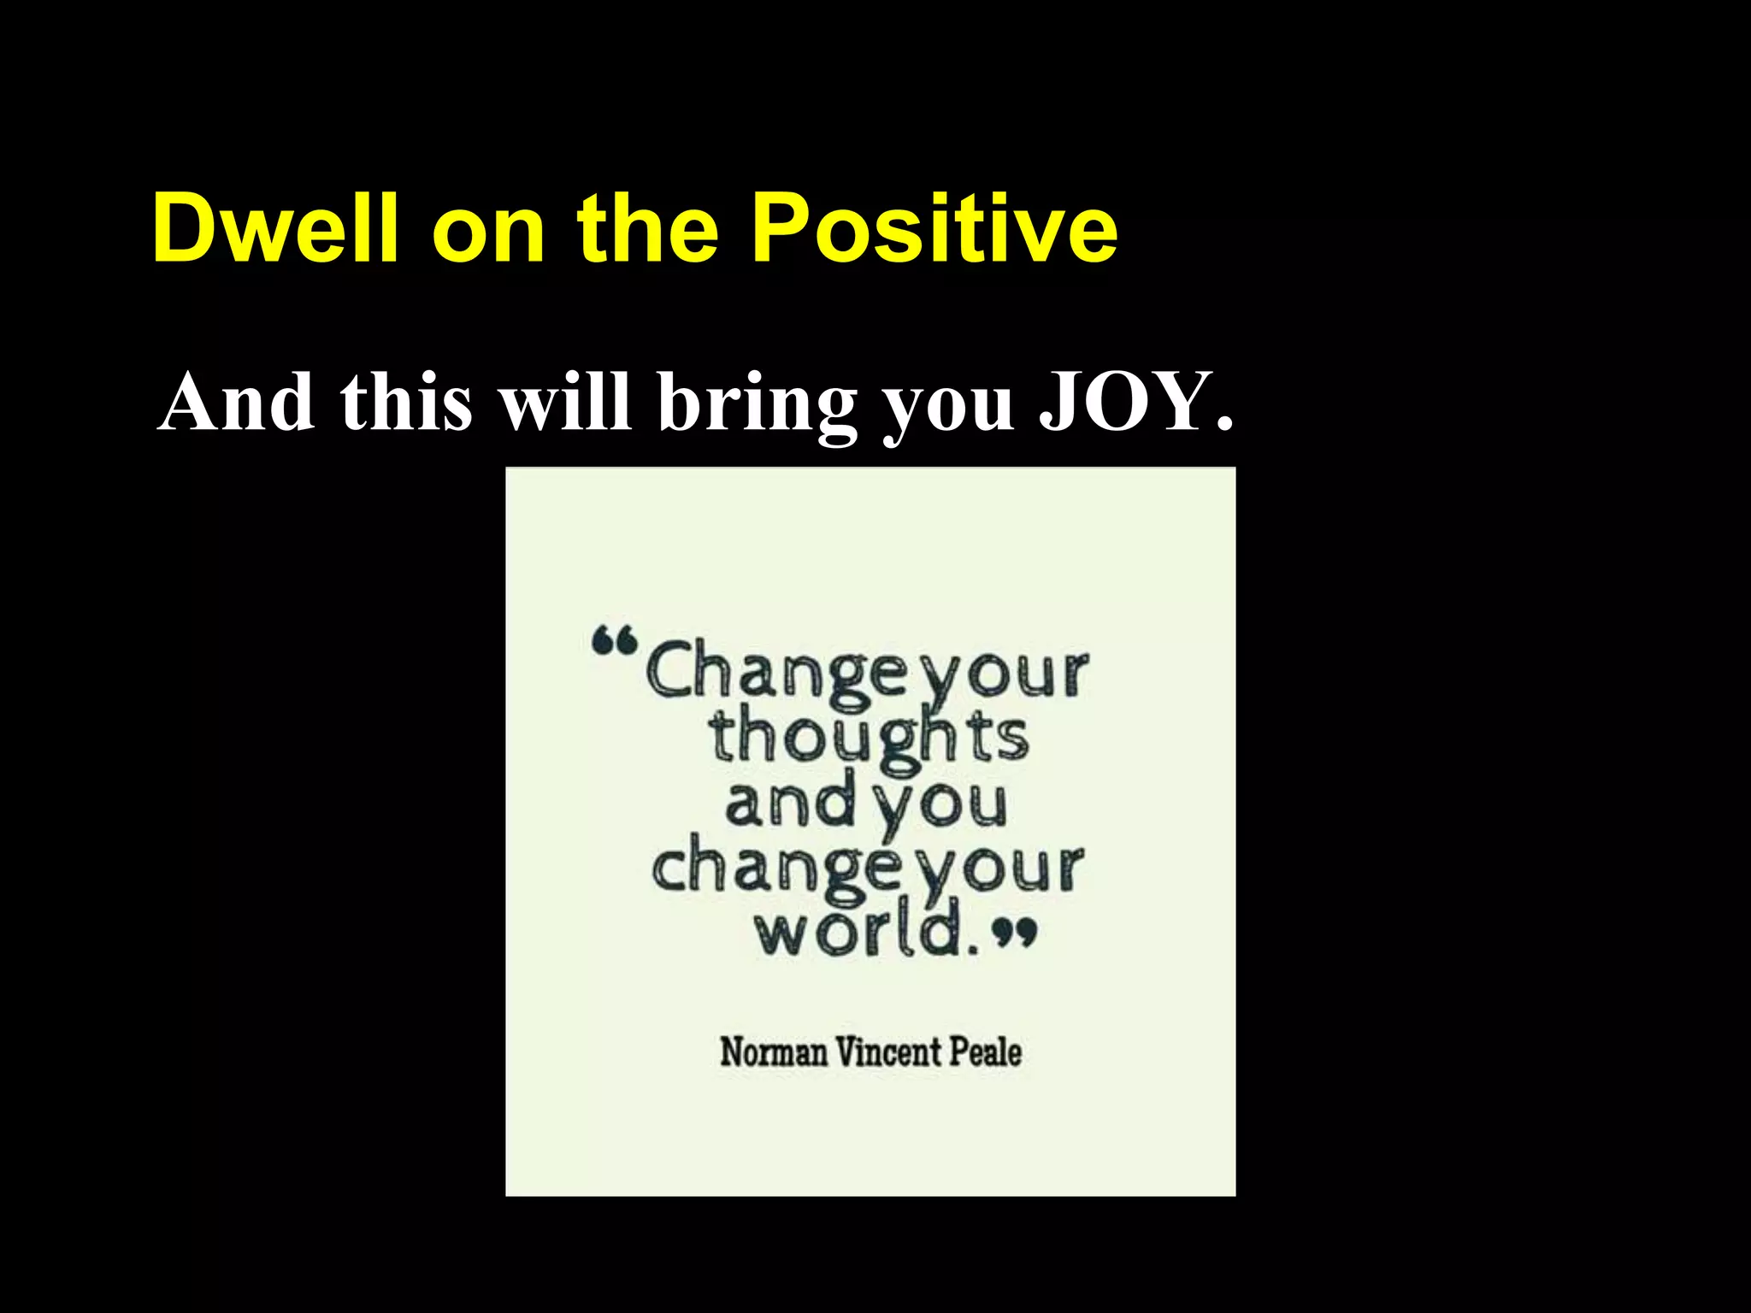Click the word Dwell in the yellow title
point(274,228)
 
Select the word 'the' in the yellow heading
point(648,228)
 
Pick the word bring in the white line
point(758,403)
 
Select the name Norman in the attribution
point(774,1051)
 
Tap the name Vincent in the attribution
point(887,1051)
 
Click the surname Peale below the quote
point(985,1051)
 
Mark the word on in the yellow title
point(488,228)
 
